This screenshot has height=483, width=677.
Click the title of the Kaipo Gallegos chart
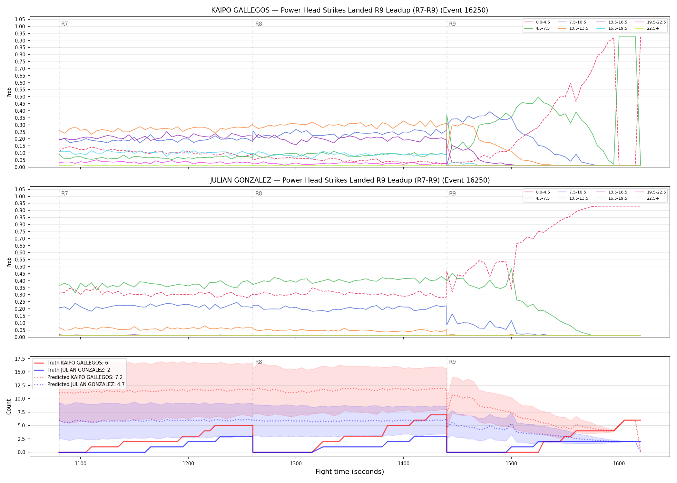[x=349, y=10]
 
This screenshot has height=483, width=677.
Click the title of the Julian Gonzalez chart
[x=350, y=180]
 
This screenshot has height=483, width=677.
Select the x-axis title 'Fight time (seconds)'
[x=350, y=472]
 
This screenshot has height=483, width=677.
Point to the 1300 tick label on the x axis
[x=296, y=464]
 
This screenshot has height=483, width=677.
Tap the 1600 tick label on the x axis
[x=619, y=464]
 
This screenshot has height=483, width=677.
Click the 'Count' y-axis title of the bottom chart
[x=9, y=407]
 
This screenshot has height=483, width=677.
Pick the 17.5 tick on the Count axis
[x=20, y=359]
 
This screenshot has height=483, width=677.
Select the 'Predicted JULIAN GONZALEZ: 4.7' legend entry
[x=79, y=384]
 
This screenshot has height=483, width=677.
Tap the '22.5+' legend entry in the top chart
[x=647, y=28]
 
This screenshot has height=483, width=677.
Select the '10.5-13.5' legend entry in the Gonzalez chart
[x=574, y=198]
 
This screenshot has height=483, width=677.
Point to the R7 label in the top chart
[x=64, y=24]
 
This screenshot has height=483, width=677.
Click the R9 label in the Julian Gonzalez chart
[x=452, y=194]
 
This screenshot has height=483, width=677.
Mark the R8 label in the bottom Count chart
[x=259, y=362]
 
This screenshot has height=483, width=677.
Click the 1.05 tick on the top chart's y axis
[x=20, y=20]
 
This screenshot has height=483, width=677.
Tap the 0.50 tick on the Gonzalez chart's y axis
[x=20, y=267]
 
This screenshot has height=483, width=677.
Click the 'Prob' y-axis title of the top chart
[x=9, y=92]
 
